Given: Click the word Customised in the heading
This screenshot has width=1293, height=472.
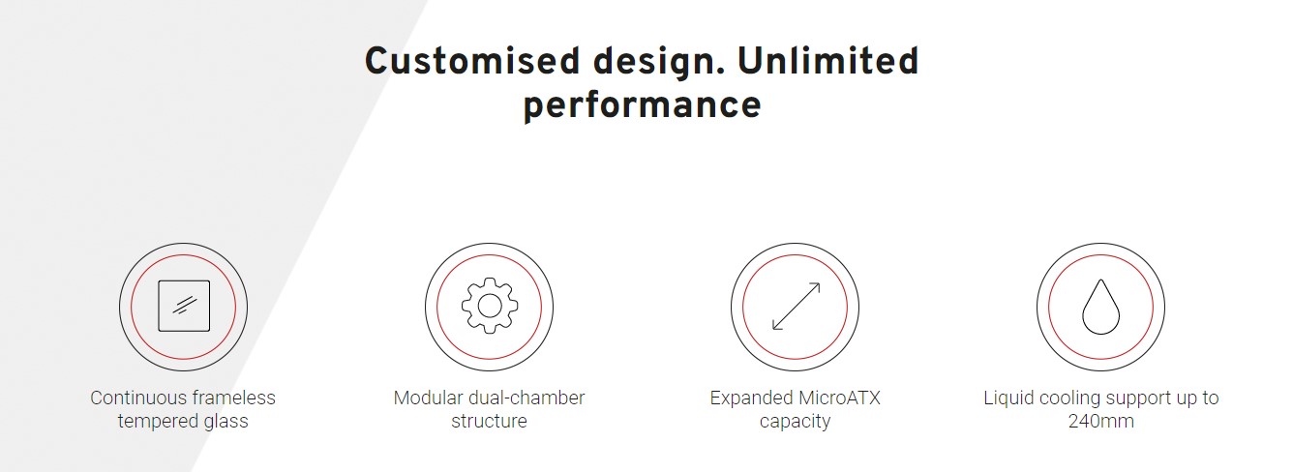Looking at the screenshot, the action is click(x=472, y=61).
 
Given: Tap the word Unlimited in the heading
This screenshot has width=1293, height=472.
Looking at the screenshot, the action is click(x=827, y=61).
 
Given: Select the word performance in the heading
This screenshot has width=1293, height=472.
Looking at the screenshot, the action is click(x=642, y=106).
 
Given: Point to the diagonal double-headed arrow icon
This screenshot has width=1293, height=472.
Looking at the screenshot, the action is click(x=796, y=307).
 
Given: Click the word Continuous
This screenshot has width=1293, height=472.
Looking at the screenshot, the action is click(x=138, y=398).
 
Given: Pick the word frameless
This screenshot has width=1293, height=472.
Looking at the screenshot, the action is click(x=234, y=398).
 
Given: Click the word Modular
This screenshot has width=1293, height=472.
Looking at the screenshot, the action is click(x=429, y=398).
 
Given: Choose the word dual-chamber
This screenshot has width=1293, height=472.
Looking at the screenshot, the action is click(x=526, y=398).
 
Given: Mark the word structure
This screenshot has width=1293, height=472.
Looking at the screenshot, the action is click(x=489, y=422).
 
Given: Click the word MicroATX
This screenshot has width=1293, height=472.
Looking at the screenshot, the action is click(x=839, y=398).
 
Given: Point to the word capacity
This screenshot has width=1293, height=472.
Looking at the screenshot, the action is click(x=795, y=422).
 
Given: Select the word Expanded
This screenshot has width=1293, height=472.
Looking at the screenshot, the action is click(x=751, y=398).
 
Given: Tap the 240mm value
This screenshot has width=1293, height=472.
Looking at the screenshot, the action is click(x=1100, y=422).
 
